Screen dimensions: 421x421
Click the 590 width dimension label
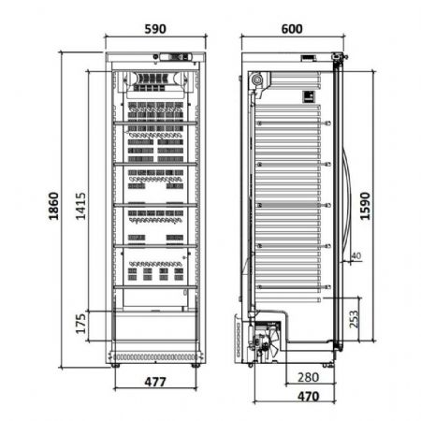(x=155, y=29)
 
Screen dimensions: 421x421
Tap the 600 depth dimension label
(x=292, y=29)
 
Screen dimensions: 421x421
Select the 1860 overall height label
(x=53, y=206)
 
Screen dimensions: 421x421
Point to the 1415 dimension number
(x=80, y=206)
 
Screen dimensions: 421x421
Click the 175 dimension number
(x=80, y=324)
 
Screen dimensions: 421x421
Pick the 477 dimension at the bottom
(x=155, y=382)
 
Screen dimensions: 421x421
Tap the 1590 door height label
(x=365, y=206)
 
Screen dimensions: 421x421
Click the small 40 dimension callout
(x=356, y=255)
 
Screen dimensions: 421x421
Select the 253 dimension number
(x=354, y=319)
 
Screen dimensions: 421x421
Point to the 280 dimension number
(x=308, y=377)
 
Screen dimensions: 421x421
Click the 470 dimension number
(x=308, y=397)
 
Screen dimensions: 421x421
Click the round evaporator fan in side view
(x=256, y=80)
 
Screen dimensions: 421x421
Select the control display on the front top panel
(x=175, y=57)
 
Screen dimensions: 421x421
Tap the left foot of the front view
(x=115, y=365)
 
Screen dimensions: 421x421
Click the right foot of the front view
(x=196, y=365)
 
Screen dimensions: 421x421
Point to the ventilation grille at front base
(x=155, y=357)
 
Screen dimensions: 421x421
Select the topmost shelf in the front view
(x=155, y=123)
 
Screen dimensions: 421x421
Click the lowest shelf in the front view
(x=155, y=287)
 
